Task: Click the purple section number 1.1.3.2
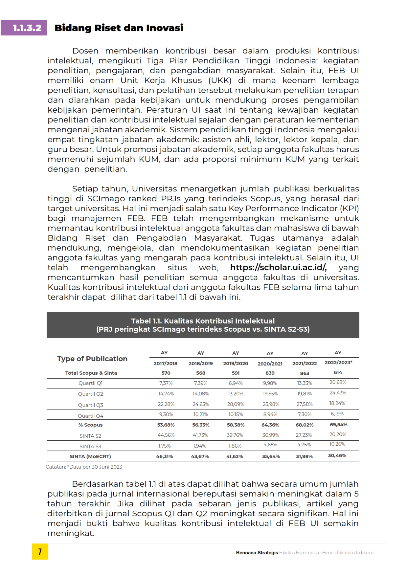27,28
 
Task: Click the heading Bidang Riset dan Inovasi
119,28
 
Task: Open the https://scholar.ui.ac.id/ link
278,268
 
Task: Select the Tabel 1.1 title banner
203,325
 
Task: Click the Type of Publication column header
92,359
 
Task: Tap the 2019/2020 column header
236,363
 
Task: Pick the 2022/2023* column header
338,363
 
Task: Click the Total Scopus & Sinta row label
91,373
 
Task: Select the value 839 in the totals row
270,373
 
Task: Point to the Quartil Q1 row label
91,383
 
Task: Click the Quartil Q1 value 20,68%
338,382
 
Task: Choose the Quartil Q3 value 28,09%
236,404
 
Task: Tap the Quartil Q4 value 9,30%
166,414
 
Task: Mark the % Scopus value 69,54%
338,425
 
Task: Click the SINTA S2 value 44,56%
166,435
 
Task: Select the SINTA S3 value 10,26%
337,444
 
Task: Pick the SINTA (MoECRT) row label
90,456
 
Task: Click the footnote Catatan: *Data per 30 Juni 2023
84,467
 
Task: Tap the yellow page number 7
40,552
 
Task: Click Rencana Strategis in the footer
257,553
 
